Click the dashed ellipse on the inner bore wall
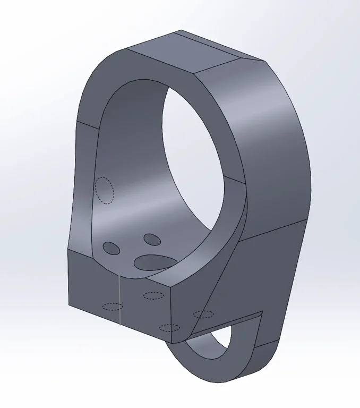(105, 190)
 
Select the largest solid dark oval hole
(155, 261)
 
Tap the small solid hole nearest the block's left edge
(112, 248)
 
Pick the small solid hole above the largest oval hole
(152, 240)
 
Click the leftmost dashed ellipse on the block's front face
(113, 306)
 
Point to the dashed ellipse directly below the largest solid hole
(153, 295)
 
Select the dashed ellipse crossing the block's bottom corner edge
(169, 327)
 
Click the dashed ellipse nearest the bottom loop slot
(203, 314)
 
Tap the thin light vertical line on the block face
(119, 300)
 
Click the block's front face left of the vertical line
(93, 287)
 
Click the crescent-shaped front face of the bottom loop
(212, 367)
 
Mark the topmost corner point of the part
(181, 30)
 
